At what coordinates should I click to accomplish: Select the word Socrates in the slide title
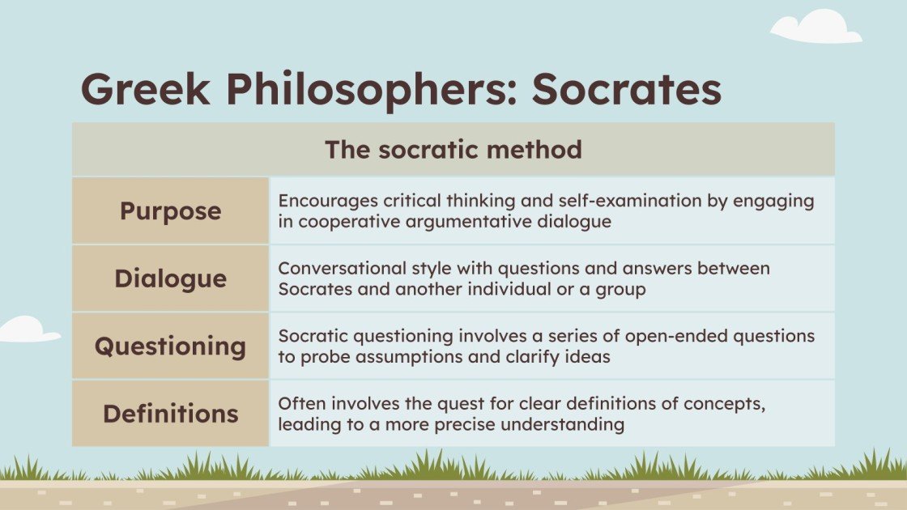pos(626,91)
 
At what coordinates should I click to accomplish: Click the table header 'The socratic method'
pos(453,150)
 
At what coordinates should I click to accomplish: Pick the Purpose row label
pos(170,211)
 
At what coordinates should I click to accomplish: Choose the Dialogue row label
pos(170,278)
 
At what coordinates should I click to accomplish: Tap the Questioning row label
pos(170,346)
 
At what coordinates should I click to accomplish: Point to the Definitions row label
pos(170,414)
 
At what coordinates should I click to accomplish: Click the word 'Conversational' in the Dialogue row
pos(339,268)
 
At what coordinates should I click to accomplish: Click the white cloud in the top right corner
pos(815,28)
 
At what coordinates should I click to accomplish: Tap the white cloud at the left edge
pos(26,329)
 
